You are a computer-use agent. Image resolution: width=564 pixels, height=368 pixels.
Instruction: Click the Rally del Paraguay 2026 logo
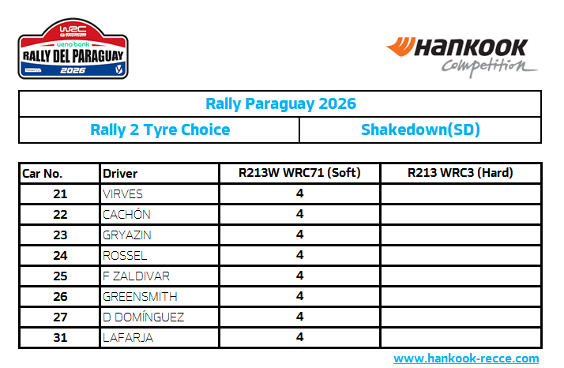(73, 49)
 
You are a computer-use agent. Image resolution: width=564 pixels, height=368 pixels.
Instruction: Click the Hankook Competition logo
(461, 57)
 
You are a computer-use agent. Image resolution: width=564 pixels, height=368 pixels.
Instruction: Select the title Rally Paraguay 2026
(280, 103)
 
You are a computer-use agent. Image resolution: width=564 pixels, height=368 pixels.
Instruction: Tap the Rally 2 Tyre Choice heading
(160, 130)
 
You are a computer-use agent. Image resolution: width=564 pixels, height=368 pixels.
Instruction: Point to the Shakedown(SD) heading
(420, 130)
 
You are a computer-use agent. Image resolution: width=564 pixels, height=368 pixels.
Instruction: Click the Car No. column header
(42, 174)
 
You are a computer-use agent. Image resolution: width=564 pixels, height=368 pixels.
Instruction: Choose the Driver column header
(120, 174)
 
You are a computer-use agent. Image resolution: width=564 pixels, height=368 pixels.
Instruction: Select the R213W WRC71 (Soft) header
(299, 173)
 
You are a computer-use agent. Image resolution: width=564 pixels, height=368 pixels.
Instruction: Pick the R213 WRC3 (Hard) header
(460, 173)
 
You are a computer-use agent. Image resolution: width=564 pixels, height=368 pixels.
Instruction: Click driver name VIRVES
(122, 194)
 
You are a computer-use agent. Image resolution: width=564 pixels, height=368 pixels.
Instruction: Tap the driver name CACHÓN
(126, 214)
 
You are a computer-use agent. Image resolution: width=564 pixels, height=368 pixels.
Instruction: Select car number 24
(60, 255)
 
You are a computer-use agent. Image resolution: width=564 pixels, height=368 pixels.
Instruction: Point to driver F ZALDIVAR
(136, 276)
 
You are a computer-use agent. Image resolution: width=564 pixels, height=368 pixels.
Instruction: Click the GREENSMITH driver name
(140, 296)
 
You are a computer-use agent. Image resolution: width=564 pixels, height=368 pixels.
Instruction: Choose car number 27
(60, 317)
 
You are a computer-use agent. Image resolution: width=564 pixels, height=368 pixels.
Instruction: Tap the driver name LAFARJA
(128, 337)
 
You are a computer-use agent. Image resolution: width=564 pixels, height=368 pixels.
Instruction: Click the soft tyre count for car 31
(299, 337)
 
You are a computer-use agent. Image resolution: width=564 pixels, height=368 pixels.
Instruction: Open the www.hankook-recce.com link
(466, 359)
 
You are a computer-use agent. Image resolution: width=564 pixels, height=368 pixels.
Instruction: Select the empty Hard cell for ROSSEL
(461, 255)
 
